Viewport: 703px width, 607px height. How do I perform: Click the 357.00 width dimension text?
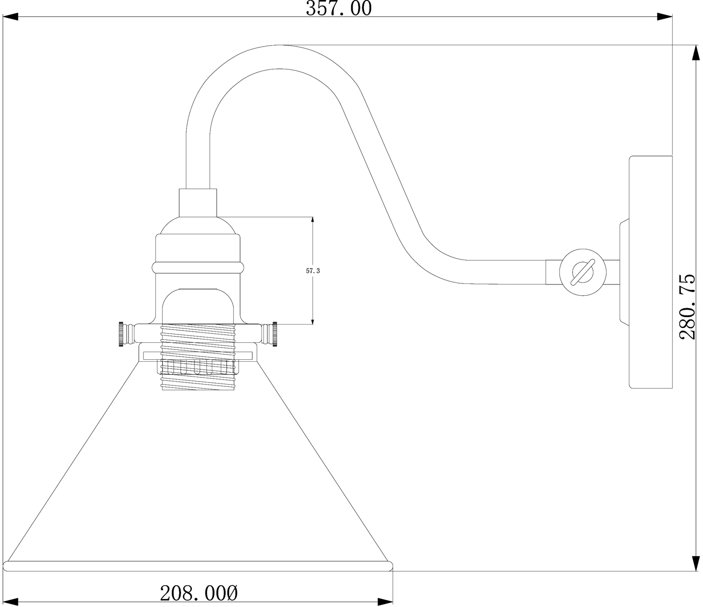coord(338,8)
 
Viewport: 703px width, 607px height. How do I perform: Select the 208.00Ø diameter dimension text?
coord(199,593)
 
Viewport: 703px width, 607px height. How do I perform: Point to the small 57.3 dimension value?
coord(313,271)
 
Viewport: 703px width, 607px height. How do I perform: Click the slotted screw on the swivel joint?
coord(582,273)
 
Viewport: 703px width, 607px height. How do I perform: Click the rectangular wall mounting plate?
coord(650,272)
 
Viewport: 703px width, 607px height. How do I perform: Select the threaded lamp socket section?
coord(198,357)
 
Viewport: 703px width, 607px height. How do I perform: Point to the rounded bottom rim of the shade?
coord(198,566)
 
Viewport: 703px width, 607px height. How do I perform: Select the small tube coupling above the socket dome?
coord(198,203)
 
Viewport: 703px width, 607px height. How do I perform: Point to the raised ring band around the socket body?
coord(198,268)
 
